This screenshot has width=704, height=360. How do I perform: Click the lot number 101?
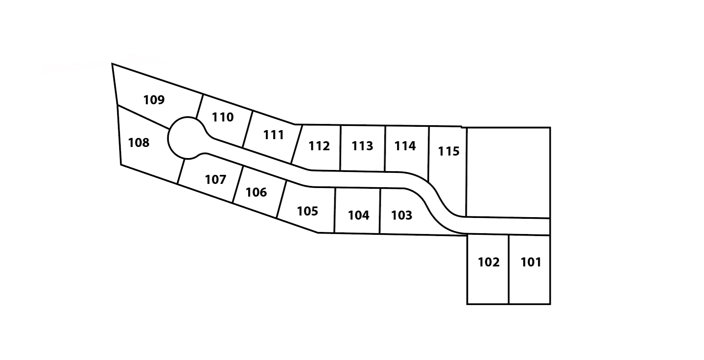[x=531, y=262]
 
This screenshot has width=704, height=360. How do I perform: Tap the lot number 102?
[x=488, y=262]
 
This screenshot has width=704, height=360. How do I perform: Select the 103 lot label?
[x=401, y=215]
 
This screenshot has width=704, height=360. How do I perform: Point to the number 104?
[x=358, y=215]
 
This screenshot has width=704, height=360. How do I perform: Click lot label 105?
[x=307, y=211]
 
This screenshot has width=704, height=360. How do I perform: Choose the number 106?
[x=256, y=192]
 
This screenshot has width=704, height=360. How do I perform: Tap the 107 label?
[x=215, y=180]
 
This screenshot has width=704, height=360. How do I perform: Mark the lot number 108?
[x=138, y=142]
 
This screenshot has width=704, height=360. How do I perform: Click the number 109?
[x=154, y=100]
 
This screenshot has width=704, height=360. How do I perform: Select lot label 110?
[x=223, y=117]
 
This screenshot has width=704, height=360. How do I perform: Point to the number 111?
[x=274, y=135]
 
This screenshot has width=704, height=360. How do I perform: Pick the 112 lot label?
[x=319, y=146]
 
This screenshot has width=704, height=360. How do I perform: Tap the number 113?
[x=362, y=146]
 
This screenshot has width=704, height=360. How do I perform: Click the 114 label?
[x=405, y=146]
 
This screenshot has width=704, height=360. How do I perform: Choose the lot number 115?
[x=449, y=151]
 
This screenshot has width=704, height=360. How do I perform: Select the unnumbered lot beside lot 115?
[x=508, y=172]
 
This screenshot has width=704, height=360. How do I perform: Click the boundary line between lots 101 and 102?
[x=508, y=270]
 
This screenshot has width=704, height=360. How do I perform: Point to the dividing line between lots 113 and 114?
[x=385, y=149]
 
